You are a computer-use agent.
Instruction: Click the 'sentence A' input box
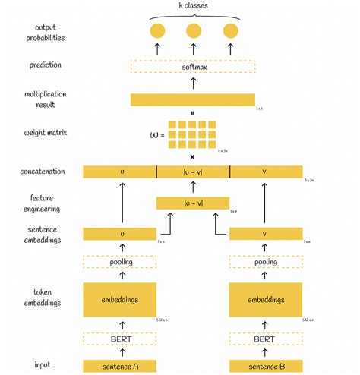(x=119, y=366)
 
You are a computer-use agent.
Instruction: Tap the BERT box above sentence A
(x=119, y=339)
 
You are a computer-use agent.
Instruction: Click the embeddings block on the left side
(x=119, y=299)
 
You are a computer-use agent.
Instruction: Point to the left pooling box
(x=119, y=262)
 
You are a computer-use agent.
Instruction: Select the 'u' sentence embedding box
(x=119, y=235)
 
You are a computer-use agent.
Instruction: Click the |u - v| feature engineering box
(x=192, y=203)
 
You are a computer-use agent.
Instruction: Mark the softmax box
(x=192, y=67)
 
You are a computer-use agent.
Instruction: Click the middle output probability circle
(x=194, y=31)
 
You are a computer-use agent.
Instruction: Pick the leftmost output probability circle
(x=157, y=31)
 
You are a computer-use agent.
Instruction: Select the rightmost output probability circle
(x=230, y=31)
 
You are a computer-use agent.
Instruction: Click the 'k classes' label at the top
(x=194, y=5)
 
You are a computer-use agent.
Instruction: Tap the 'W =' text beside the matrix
(x=156, y=136)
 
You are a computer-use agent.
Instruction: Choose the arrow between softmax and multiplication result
(x=193, y=84)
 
